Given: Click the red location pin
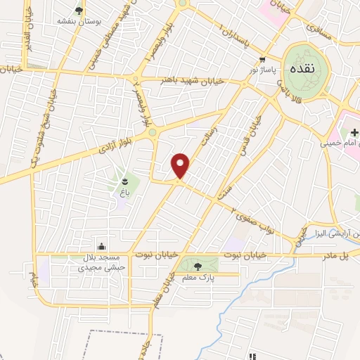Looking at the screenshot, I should (x=181, y=165).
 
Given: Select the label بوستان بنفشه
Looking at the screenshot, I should (x=77, y=21).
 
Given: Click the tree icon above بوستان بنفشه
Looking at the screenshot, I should (x=78, y=10).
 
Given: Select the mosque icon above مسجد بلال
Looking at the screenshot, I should (x=103, y=246).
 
